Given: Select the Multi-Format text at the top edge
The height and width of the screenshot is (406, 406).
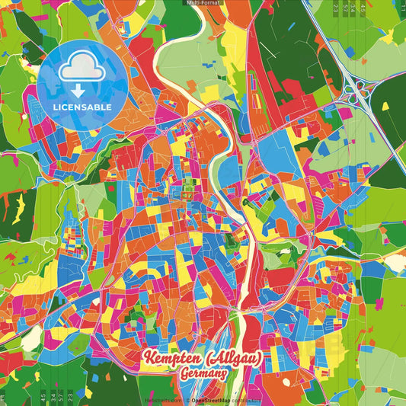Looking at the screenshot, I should click(x=203, y=3).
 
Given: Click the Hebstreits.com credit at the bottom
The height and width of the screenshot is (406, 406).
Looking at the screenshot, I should click(x=162, y=399).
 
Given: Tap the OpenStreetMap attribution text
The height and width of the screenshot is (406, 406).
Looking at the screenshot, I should click(x=216, y=399).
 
